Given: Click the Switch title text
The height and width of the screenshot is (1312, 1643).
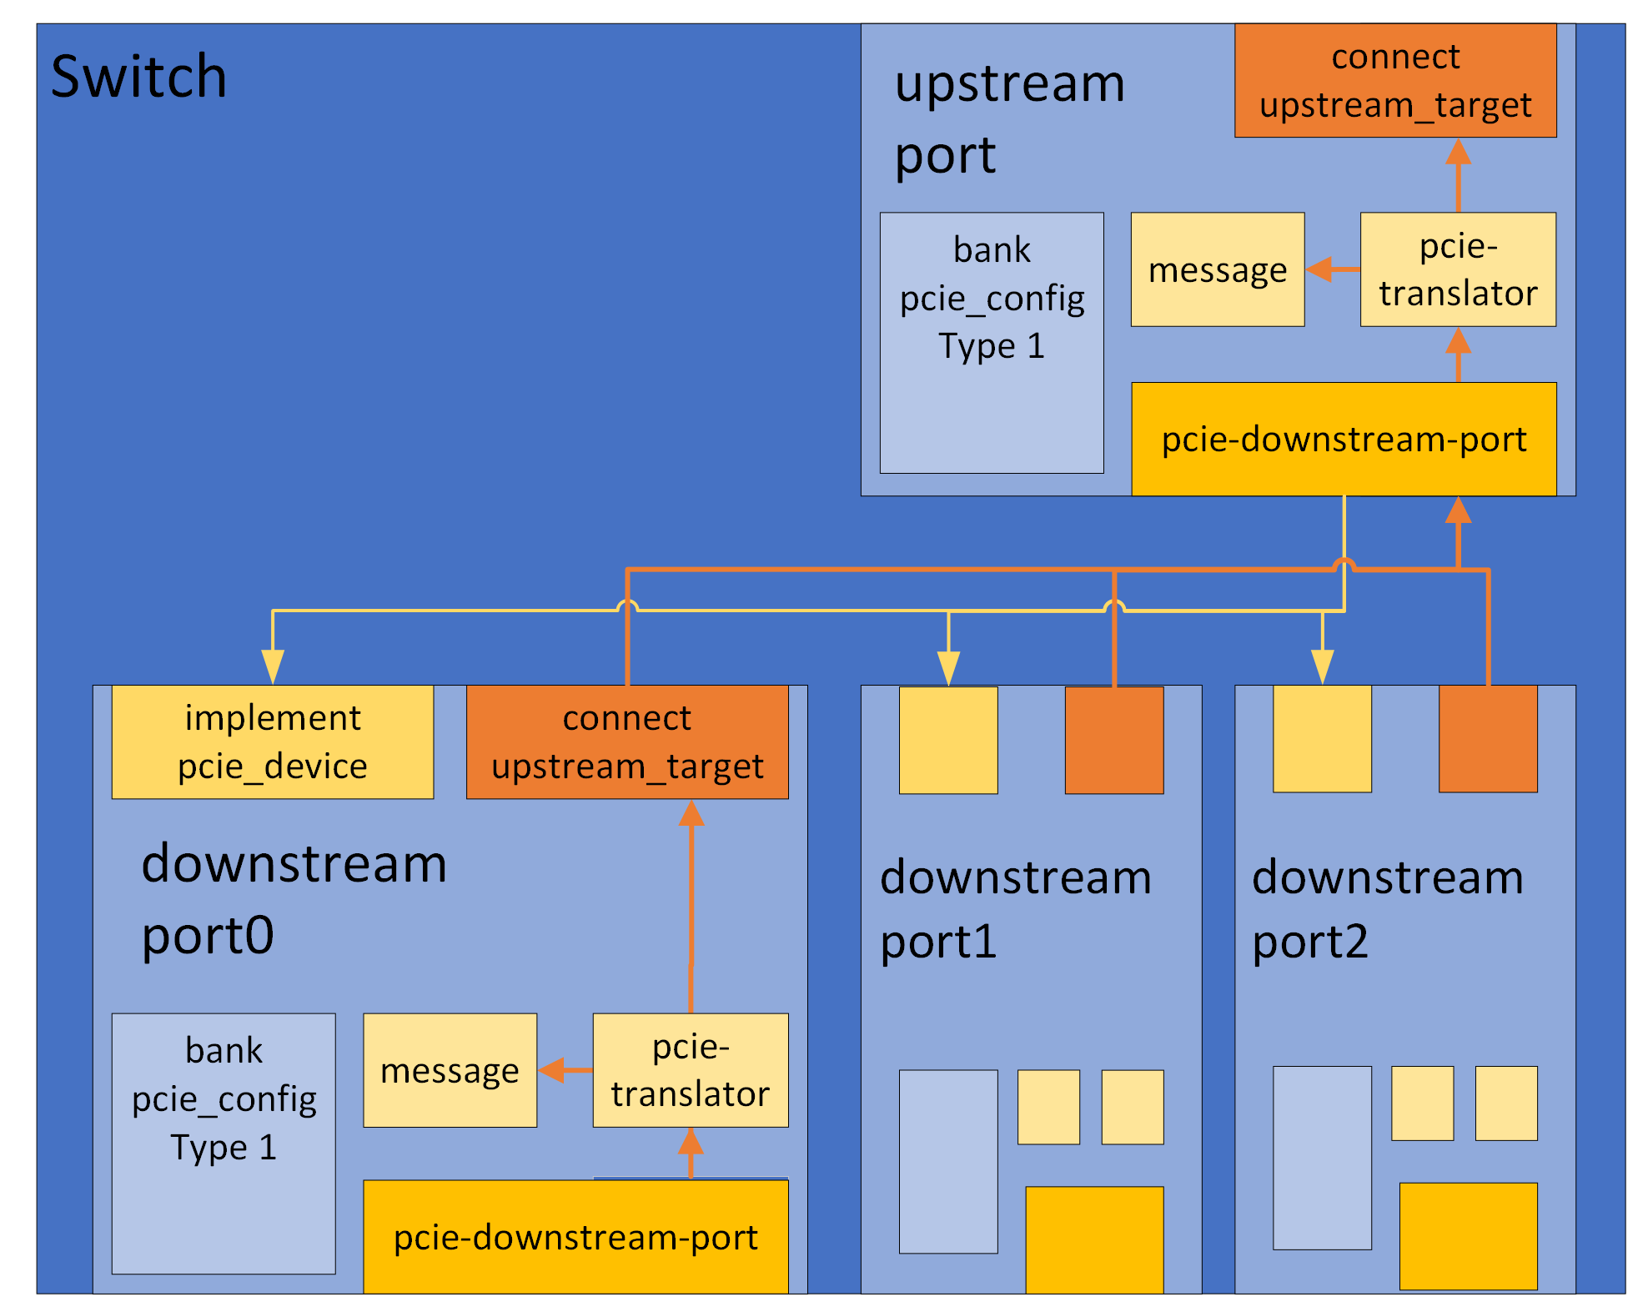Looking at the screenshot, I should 138,77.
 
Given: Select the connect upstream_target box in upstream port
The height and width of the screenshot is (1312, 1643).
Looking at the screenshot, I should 1394,81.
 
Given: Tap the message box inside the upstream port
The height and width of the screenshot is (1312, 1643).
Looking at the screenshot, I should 1217,269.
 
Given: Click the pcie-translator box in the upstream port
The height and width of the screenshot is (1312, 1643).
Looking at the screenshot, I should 1457,269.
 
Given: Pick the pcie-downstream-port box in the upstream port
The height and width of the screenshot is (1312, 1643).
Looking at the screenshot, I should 1343,440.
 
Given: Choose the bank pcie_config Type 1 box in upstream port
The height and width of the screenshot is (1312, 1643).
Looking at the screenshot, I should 991,342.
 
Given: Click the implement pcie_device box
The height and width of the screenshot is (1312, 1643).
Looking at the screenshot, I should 272,741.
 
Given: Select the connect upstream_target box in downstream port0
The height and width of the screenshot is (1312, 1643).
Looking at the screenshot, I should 626,741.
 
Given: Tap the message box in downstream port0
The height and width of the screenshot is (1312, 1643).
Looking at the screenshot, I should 450,1070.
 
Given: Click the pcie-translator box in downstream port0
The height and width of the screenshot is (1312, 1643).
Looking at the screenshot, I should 690,1070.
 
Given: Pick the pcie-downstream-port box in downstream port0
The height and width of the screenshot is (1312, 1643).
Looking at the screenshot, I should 575,1238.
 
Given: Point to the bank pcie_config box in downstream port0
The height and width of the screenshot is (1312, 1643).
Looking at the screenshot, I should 224,1143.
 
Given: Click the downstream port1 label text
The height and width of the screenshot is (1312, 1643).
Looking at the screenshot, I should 1015,909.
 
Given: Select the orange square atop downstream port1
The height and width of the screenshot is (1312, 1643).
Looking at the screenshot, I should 1113,740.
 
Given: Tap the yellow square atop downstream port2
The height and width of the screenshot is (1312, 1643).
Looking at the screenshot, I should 1321,739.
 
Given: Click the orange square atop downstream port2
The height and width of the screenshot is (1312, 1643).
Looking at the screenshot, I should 1487,739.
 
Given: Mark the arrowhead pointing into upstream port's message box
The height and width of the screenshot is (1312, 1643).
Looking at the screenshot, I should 1319,269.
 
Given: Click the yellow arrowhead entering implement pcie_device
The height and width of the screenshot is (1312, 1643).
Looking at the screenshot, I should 273,667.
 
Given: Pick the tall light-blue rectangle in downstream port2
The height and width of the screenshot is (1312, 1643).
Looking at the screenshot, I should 1321,1157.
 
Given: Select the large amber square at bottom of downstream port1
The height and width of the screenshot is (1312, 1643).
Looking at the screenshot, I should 1093,1239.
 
